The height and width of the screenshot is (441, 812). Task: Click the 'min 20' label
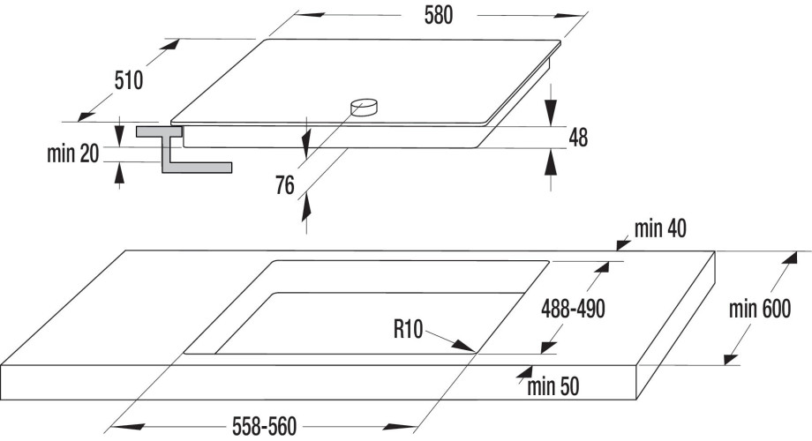pyautogui.click(x=72, y=154)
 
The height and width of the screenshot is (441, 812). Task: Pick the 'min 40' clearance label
pyautogui.click(x=660, y=230)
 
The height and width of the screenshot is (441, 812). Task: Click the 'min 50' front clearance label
pyautogui.click(x=554, y=385)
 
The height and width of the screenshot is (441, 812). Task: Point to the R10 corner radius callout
pyautogui.click(x=408, y=331)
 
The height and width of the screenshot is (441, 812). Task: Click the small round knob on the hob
pyautogui.click(x=364, y=107)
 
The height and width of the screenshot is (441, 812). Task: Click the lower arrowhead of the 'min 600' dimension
pyautogui.click(x=729, y=357)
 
